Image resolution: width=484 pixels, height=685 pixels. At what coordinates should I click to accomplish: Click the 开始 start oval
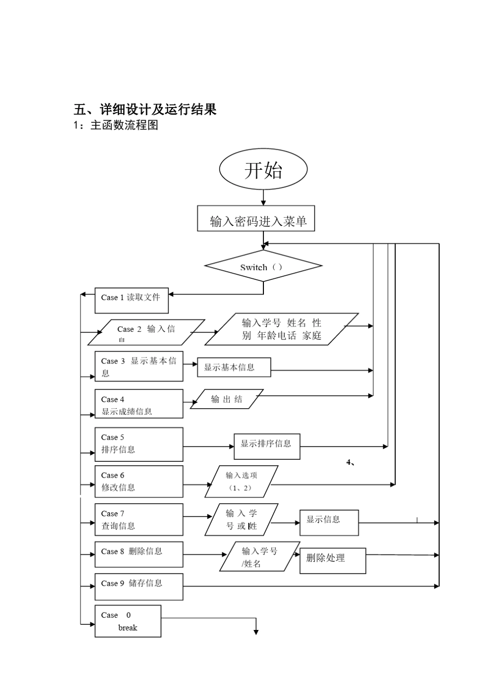(263, 170)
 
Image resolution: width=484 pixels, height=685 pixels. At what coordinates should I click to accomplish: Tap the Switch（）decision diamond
(263, 266)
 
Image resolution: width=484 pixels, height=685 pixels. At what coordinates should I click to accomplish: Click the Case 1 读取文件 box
(131, 301)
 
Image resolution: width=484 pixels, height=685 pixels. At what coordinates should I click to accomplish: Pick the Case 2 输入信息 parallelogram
(146, 332)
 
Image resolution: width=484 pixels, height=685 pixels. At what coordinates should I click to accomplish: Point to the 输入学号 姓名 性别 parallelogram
(282, 329)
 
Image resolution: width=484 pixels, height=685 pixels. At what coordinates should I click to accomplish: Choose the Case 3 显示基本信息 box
(139, 366)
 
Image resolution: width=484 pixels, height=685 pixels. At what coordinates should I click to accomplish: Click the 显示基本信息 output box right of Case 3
(234, 367)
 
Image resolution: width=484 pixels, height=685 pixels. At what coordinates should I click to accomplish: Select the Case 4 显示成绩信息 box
(139, 404)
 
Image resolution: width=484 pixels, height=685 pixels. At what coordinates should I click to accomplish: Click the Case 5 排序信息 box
(139, 444)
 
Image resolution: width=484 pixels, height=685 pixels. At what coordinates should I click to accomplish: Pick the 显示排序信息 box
(266, 446)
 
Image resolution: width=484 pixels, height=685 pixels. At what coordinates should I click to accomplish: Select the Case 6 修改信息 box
(139, 482)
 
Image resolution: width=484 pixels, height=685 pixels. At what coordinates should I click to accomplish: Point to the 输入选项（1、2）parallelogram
(241, 482)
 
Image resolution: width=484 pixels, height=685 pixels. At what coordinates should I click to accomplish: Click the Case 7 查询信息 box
(139, 520)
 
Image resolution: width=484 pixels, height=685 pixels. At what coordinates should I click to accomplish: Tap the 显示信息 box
(329, 522)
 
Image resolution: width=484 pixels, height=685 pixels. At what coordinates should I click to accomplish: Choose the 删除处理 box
(332, 561)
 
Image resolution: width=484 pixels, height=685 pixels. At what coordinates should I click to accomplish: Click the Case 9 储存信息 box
(139, 587)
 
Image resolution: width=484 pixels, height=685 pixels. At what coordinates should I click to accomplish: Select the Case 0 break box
(128, 621)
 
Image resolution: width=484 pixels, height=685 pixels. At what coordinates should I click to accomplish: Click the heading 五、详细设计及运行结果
(145, 109)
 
